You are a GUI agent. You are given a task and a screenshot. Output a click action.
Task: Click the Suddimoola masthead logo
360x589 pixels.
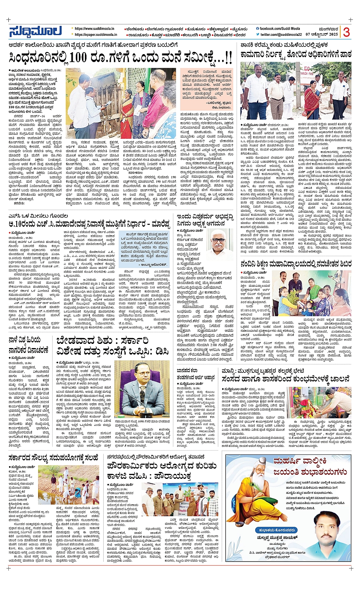pyautogui.click(x=35, y=32)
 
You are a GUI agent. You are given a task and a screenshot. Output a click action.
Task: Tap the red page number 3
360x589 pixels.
pyautogui.click(x=346, y=32)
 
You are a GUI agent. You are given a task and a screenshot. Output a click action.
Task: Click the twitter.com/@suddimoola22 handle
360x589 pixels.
pyautogui.click(x=281, y=35)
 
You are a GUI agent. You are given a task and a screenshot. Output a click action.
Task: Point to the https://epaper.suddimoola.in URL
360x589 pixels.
pyautogui.click(x=96, y=35)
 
